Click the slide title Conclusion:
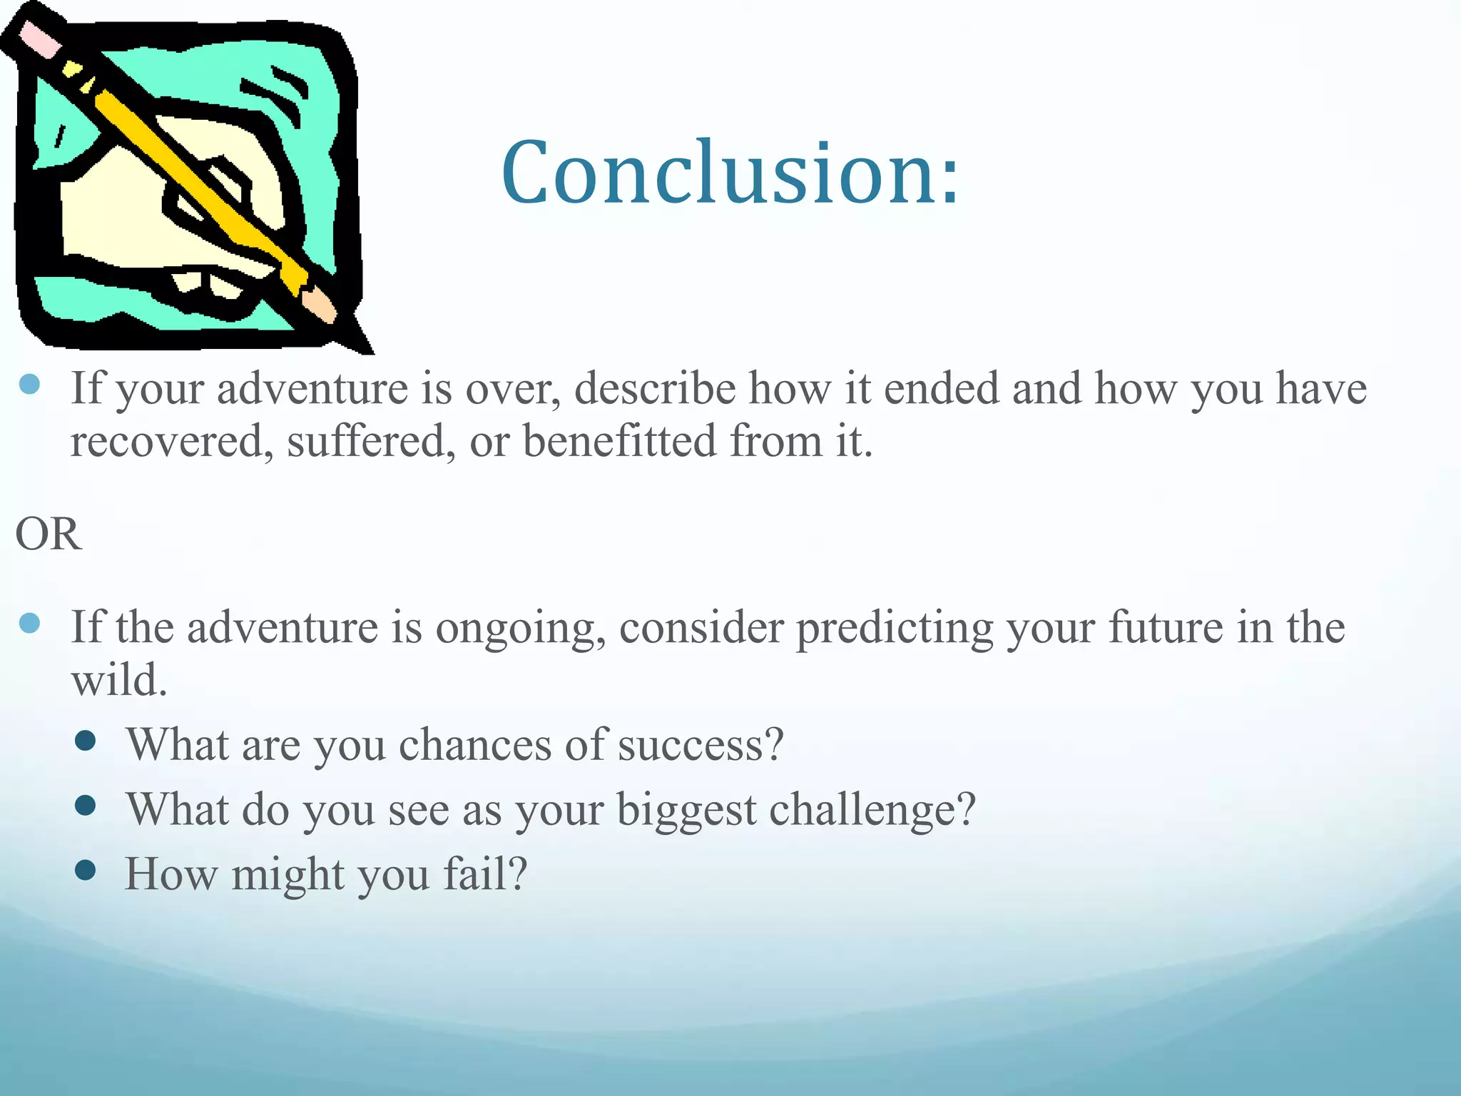[730, 173]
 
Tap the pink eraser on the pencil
[39, 39]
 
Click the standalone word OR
[49, 534]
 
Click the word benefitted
[619, 440]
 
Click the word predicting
[895, 629]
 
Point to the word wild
[118, 680]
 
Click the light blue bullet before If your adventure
[29, 385]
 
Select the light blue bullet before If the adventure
[29, 624]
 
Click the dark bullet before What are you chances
[86, 741]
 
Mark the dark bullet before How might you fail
[86, 871]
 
